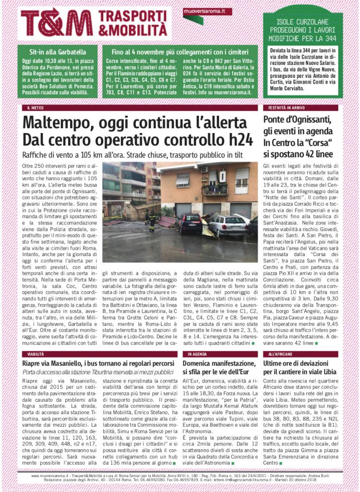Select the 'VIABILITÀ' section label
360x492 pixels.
36,354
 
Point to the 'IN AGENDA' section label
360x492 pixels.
197,354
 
